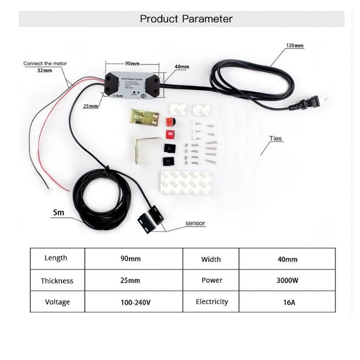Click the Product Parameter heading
tap(186, 19)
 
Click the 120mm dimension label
tap(295, 45)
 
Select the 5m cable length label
tap(58, 212)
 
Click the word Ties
tap(276, 139)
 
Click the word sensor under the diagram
tap(195, 223)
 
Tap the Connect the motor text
tap(45, 63)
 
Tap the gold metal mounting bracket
tap(144, 117)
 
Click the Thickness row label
tap(57, 281)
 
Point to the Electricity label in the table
tap(211, 301)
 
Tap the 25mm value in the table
tap(130, 280)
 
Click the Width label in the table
tap(211, 259)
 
